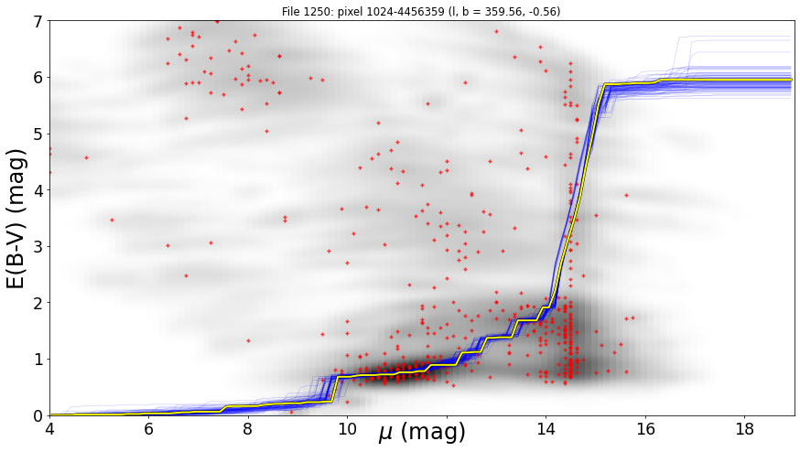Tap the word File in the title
click(x=292, y=11)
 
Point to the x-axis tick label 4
click(x=50, y=428)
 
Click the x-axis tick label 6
click(x=149, y=428)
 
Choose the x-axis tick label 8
click(x=248, y=428)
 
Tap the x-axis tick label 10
click(x=348, y=428)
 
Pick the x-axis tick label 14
click(x=546, y=428)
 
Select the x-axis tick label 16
click(x=645, y=428)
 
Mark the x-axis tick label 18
click(x=744, y=428)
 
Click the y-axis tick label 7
click(x=38, y=21)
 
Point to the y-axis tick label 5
click(x=38, y=135)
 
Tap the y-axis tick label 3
click(x=38, y=247)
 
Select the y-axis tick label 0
click(x=38, y=416)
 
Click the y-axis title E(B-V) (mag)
click(x=16, y=219)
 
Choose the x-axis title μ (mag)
click(x=422, y=433)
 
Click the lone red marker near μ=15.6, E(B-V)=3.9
click(x=626, y=195)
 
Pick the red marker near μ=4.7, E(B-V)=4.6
click(x=86, y=157)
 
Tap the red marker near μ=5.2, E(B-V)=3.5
click(x=112, y=220)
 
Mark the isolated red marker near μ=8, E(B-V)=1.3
click(x=248, y=340)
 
